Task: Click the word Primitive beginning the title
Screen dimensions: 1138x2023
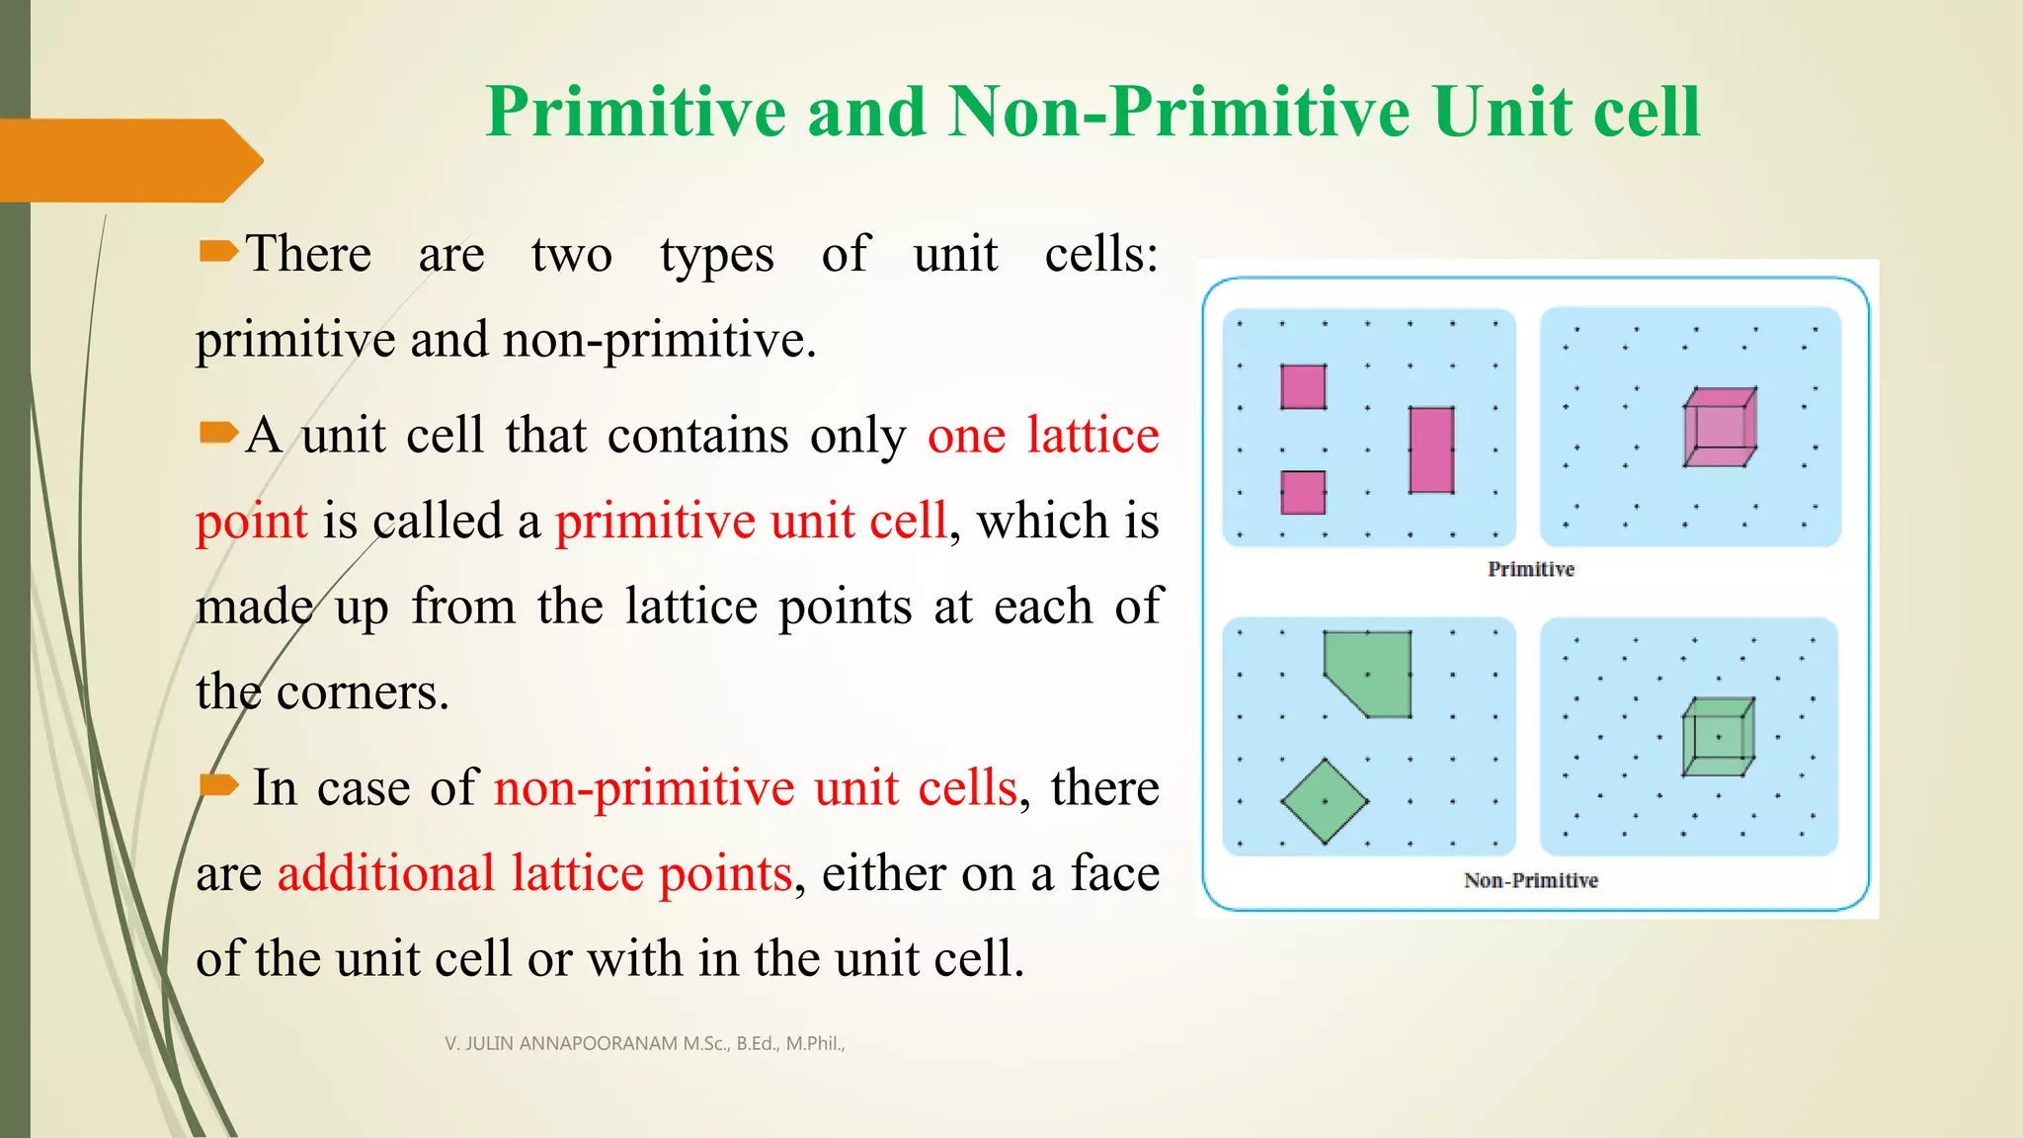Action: (x=635, y=112)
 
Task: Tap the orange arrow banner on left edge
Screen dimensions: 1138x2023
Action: (x=128, y=160)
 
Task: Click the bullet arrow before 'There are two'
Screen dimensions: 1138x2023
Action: (x=217, y=252)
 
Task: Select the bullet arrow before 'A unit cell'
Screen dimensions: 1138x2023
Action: (x=217, y=433)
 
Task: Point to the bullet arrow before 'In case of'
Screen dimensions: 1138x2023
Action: (x=217, y=785)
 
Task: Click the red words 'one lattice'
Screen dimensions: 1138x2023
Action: (x=1043, y=436)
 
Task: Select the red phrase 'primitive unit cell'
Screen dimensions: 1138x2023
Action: (x=751, y=521)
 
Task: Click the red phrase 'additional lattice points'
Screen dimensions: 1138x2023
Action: (x=534, y=873)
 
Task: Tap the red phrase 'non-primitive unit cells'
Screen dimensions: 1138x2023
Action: (x=756, y=788)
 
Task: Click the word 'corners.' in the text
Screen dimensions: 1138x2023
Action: (x=363, y=691)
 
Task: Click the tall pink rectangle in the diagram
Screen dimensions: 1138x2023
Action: (x=1431, y=449)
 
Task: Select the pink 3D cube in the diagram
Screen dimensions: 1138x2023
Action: (x=1720, y=428)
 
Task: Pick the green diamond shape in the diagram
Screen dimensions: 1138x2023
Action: (x=1325, y=801)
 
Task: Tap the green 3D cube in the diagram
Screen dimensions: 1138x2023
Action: (x=1718, y=737)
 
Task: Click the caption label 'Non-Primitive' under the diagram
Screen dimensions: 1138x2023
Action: (x=1530, y=880)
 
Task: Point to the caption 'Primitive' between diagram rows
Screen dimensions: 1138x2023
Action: (x=1530, y=569)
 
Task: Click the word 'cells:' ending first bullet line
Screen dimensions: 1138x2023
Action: (x=1100, y=255)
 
